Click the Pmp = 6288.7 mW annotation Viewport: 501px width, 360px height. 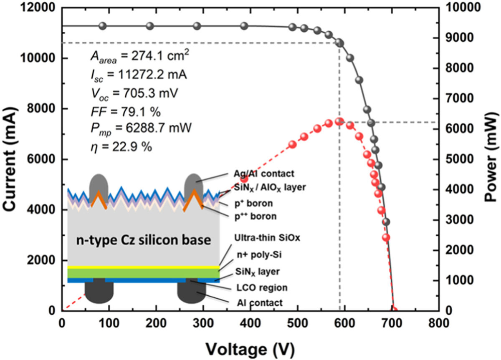coord(140,128)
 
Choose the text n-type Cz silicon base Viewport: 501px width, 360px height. coord(143,241)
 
